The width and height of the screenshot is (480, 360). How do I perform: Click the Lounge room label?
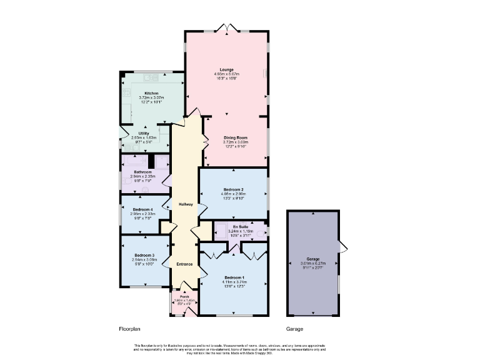click(226, 69)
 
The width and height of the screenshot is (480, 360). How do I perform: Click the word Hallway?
click(186, 204)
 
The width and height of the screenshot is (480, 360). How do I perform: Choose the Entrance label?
click(184, 264)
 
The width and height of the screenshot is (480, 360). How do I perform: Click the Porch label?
click(184, 297)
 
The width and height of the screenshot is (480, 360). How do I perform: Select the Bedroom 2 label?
click(233, 189)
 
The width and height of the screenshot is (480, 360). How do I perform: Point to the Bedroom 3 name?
click(144, 255)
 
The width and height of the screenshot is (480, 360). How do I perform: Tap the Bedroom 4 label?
click(142, 209)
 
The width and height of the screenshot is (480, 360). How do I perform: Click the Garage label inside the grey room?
click(313, 259)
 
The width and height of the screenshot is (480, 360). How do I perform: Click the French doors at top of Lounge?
click(225, 28)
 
